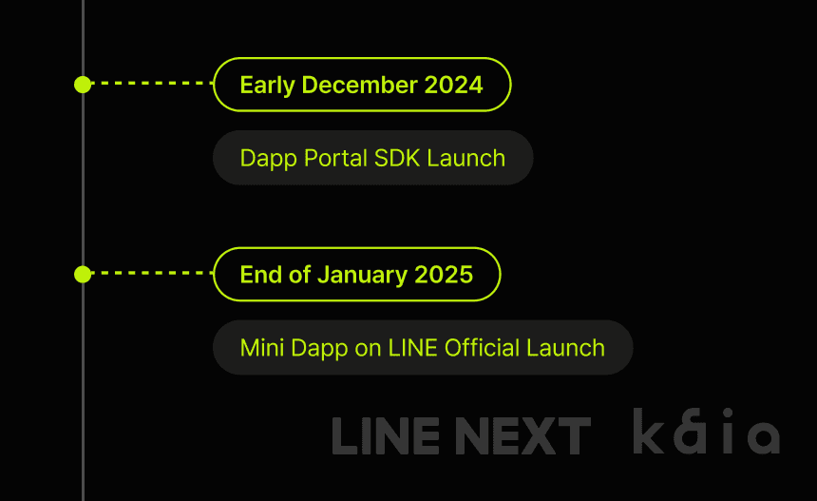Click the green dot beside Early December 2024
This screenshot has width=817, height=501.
coord(83,85)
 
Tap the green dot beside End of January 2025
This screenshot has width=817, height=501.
coord(83,275)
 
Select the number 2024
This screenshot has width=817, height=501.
coord(453,85)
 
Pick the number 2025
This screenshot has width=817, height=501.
coord(443,275)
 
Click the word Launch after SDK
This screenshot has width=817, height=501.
coord(465,158)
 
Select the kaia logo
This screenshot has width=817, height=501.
coord(706,434)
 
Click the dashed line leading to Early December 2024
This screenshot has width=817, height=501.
coord(152,84)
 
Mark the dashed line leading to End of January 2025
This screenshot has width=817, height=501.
coord(152,274)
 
